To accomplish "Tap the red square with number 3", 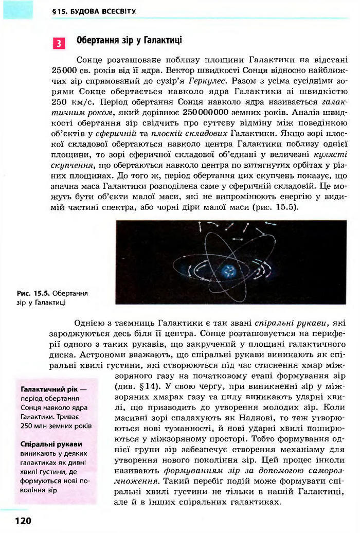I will pos(59,43).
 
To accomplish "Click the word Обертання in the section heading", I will pos(97,40).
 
